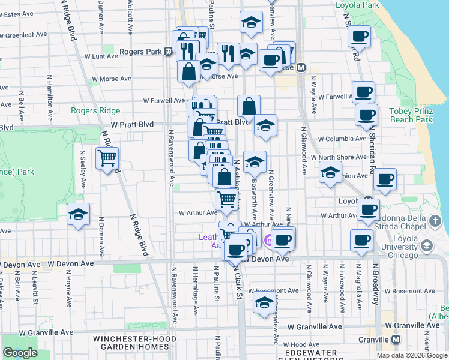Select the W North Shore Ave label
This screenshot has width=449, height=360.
point(343,157)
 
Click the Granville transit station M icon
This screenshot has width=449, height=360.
point(396,339)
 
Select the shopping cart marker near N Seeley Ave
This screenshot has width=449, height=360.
point(107,158)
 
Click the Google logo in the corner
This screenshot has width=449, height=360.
point(20,353)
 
